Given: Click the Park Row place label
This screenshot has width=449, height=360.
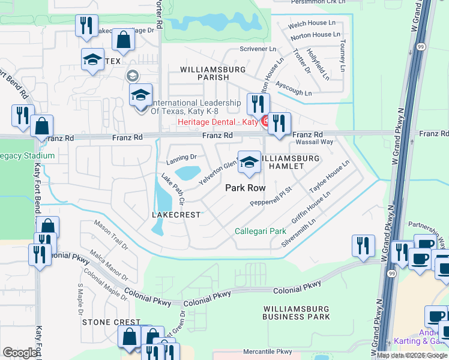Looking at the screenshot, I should click(x=245, y=188).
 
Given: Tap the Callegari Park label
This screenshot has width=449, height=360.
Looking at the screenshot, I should click(x=260, y=231).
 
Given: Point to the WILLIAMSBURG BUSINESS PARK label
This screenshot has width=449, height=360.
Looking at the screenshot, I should click(x=296, y=312).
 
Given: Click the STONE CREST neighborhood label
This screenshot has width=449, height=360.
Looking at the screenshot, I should click(x=111, y=322).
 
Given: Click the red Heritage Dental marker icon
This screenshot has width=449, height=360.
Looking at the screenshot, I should click(x=265, y=122).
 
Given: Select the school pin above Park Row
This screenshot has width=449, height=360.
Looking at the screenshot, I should click(x=249, y=162).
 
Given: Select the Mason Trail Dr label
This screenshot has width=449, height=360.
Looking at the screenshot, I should click(x=111, y=235).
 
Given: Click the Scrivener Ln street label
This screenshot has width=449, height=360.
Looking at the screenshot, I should click(x=258, y=49).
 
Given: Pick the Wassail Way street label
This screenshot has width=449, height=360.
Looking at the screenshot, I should click(x=312, y=142).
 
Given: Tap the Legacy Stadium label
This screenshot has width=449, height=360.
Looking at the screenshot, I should click(x=27, y=156).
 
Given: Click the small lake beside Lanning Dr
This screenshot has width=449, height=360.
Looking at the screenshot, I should click(x=188, y=173).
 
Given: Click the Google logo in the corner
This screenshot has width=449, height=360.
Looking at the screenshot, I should click(x=20, y=353).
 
